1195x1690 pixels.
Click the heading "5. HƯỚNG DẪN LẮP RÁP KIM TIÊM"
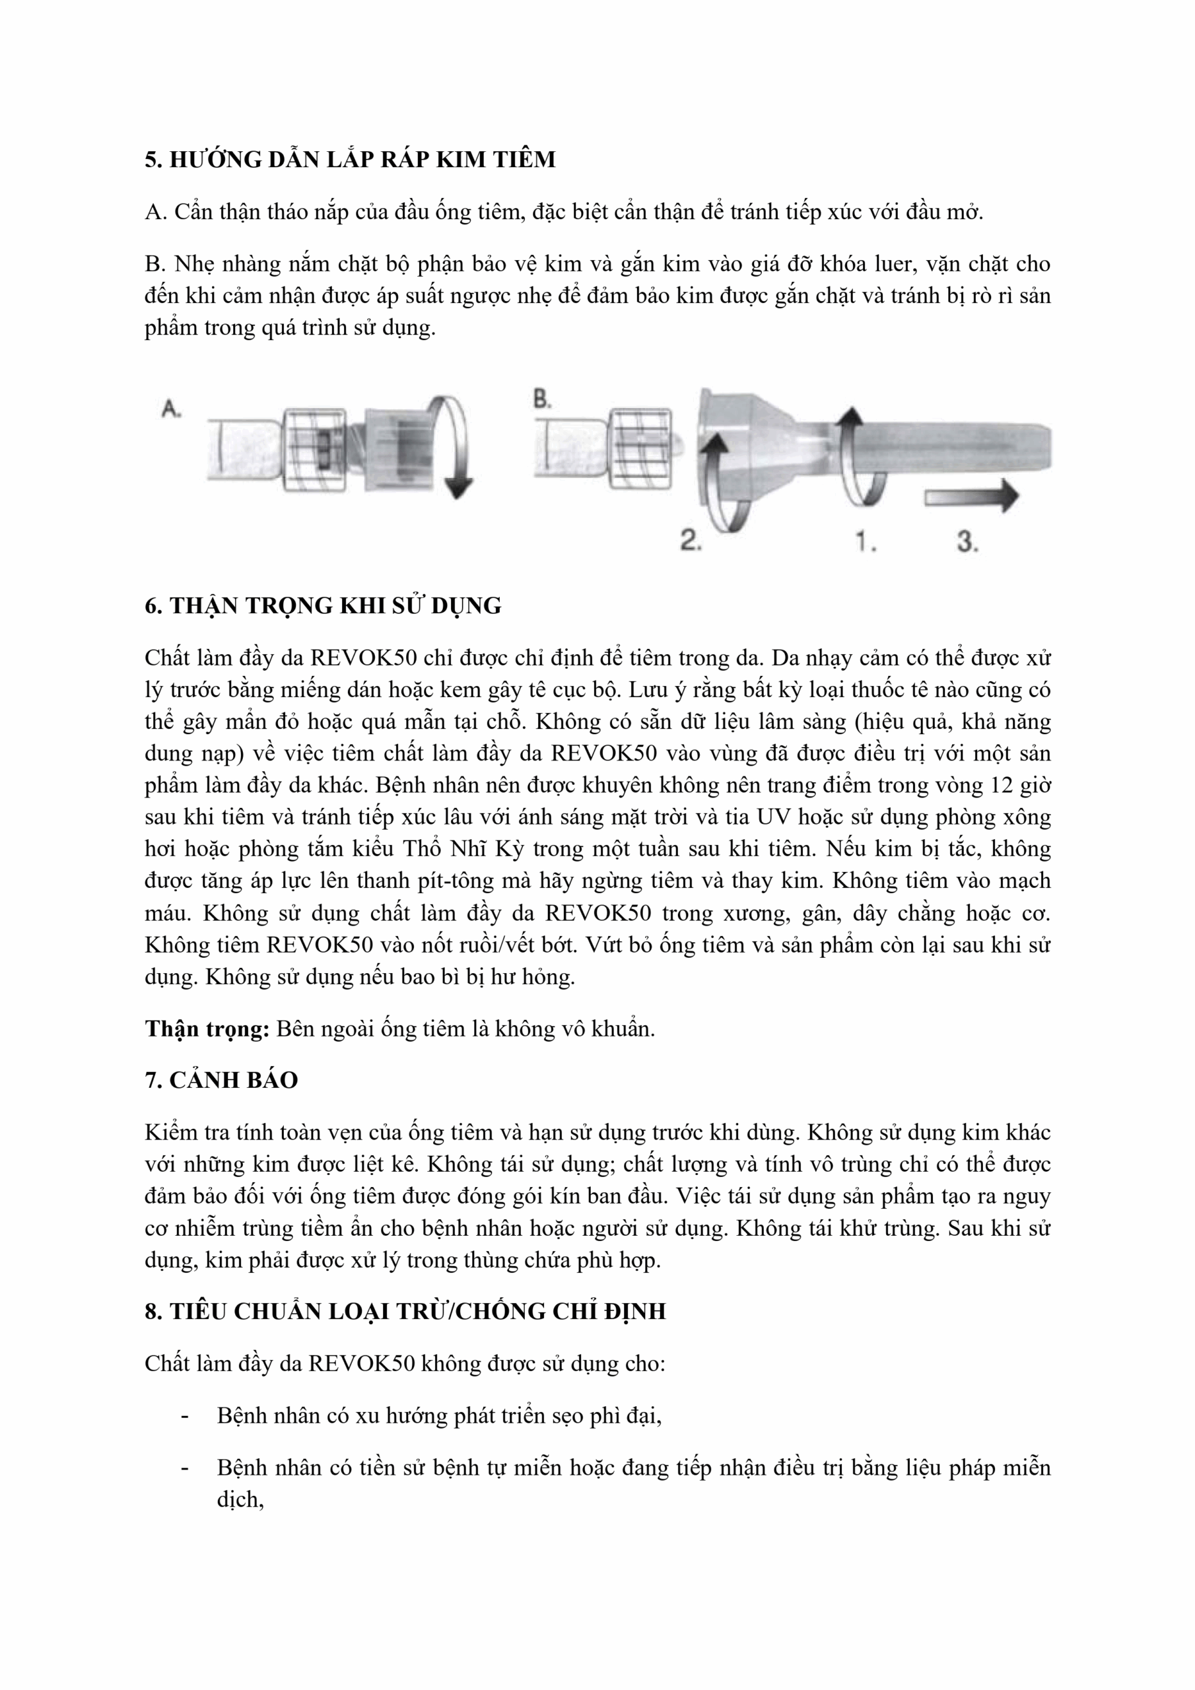click(350, 159)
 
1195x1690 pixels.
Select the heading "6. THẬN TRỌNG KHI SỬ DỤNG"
click(322, 606)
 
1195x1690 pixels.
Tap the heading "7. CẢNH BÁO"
click(221, 1081)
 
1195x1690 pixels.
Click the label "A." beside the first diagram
click(171, 409)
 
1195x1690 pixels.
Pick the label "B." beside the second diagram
click(542, 399)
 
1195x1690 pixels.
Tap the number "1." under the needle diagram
click(866, 542)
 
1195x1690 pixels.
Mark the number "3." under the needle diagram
click(967, 542)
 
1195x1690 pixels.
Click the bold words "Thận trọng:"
click(207, 1029)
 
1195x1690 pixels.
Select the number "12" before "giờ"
click(1002, 786)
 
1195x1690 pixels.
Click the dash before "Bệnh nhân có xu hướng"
click(184, 1416)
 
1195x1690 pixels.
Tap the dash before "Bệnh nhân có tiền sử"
click(184, 1468)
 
